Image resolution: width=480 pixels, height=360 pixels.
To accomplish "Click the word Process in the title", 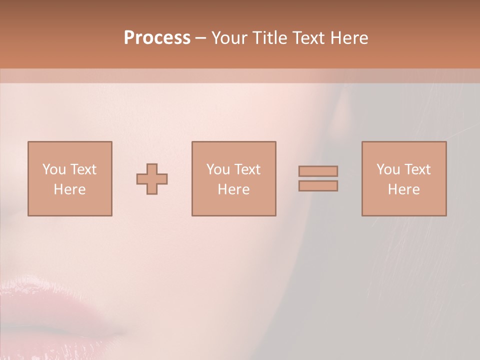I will tap(157, 38).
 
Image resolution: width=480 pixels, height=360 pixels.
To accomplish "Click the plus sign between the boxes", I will tap(152, 179).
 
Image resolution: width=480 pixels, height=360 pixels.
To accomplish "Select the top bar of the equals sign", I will tap(318, 171).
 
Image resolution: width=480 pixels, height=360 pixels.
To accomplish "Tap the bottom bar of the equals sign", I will tap(318, 186).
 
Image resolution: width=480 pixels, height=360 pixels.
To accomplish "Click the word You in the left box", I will tap(53, 169).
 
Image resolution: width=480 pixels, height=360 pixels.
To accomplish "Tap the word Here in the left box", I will tap(69, 189).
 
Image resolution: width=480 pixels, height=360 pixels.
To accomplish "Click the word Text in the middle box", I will tap(247, 169).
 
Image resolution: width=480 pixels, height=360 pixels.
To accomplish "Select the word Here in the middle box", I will tap(233, 189).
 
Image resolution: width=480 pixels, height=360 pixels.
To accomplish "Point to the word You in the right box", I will tap(387, 169).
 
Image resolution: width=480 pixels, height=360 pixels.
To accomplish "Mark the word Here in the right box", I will tap(403, 189).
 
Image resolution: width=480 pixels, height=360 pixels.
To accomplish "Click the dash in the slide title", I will tap(201, 38).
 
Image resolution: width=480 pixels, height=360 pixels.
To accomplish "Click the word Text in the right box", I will tap(417, 169).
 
